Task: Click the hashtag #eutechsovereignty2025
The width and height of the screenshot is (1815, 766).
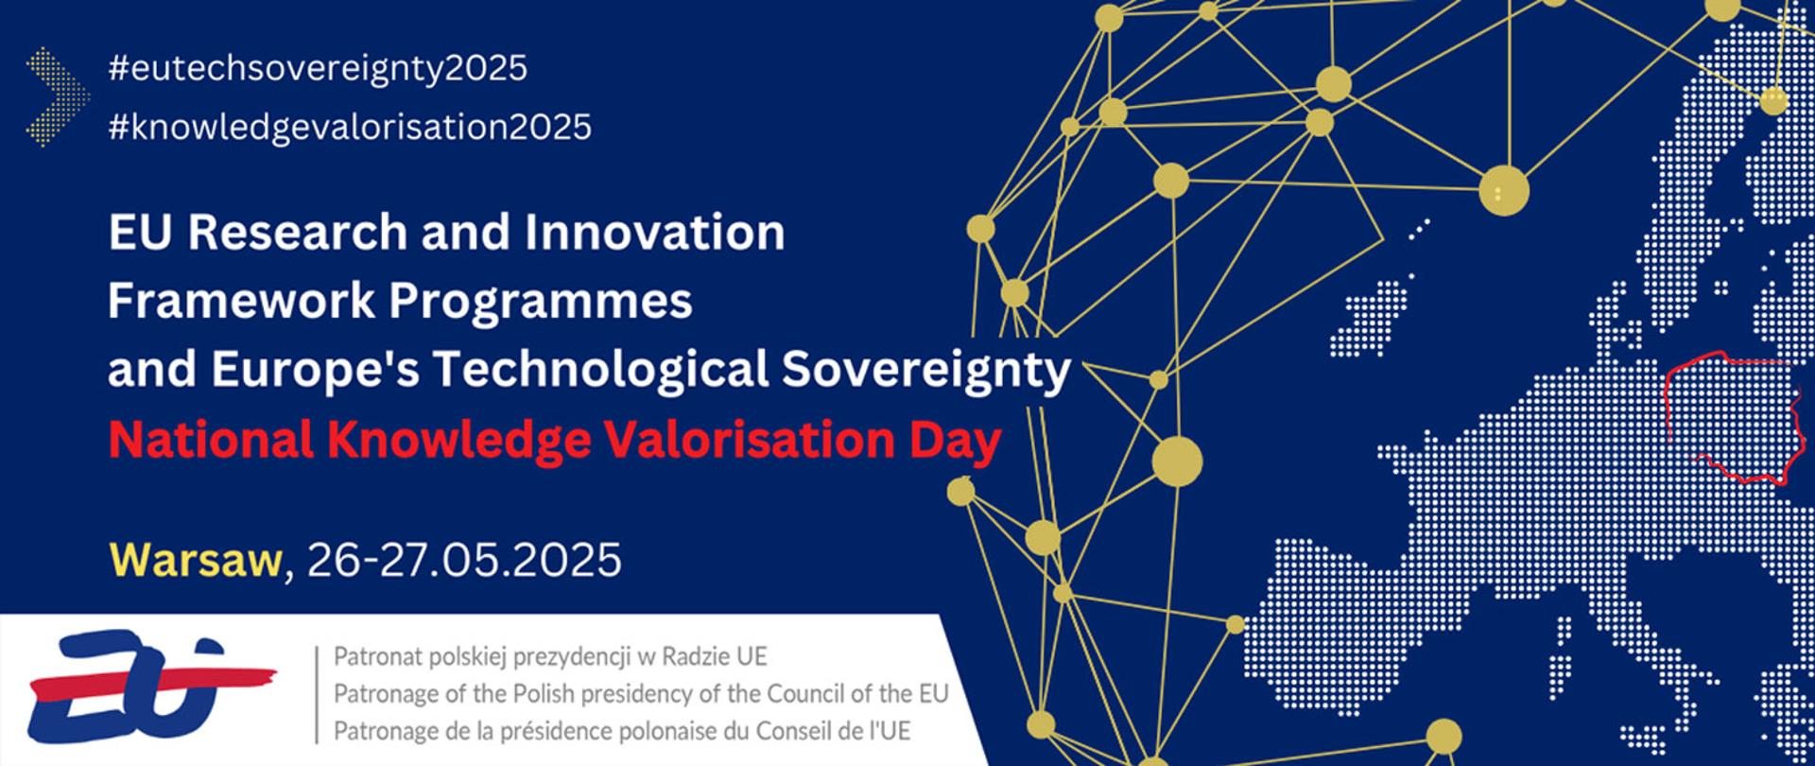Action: [x=318, y=68]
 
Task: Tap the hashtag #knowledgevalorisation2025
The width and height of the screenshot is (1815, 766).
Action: [x=350, y=126]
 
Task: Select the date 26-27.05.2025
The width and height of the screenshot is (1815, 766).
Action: [x=464, y=560]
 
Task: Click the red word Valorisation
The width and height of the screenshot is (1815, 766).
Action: [x=746, y=441]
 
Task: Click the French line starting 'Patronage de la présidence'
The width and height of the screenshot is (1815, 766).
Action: [x=622, y=730]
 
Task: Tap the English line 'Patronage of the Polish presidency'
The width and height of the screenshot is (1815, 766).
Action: [x=640, y=693]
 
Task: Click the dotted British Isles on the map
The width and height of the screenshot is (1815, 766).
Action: [x=1375, y=312]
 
